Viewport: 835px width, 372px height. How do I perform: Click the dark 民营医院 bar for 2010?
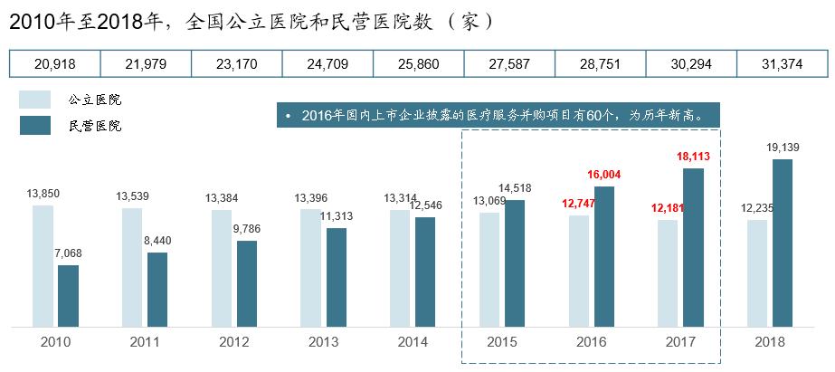(x=68, y=296)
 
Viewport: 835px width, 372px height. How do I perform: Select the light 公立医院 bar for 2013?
(x=310, y=268)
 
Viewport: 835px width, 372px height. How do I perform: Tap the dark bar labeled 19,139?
(x=783, y=243)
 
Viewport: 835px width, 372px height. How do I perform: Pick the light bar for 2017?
(x=668, y=273)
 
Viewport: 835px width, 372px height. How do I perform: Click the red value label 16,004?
(x=604, y=175)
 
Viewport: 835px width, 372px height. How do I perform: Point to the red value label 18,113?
(x=693, y=157)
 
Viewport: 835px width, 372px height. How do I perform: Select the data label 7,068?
(x=68, y=253)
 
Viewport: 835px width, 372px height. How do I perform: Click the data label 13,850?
(x=43, y=194)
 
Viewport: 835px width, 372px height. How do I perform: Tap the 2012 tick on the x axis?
(x=233, y=342)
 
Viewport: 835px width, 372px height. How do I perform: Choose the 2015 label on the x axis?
(x=502, y=342)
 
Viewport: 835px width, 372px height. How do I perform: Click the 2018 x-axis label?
(x=770, y=342)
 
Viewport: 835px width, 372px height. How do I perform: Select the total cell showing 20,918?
(x=55, y=64)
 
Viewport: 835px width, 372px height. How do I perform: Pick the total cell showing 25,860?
(x=419, y=64)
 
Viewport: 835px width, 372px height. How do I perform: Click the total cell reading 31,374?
(x=783, y=64)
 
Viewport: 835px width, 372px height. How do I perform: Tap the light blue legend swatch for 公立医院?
(x=35, y=100)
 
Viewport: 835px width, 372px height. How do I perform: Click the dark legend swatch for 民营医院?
(x=35, y=125)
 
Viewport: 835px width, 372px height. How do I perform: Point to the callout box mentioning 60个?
(x=498, y=115)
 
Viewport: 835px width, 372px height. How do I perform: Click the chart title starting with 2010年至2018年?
(x=252, y=22)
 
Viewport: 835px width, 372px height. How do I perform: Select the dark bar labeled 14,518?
(x=515, y=263)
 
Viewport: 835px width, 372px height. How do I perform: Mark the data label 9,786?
(x=247, y=229)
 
